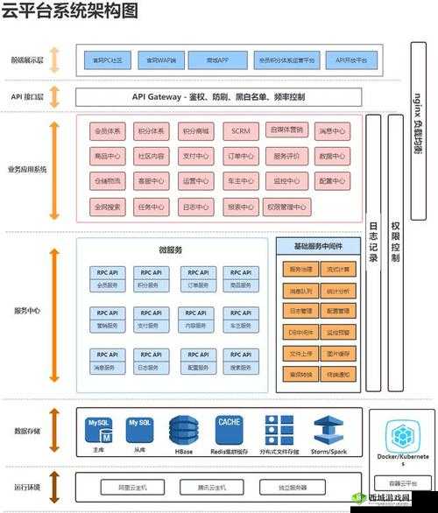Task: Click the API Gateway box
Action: click(x=218, y=96)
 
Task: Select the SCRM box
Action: click(x=239, y=131)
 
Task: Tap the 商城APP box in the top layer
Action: click(x=208, y=60)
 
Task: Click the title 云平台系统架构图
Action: click(x=69, y=11)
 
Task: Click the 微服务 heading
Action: click(x=171, y=250)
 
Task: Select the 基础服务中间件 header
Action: click(x=317, y=247)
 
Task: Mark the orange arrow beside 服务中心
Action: click(x=54, y=311)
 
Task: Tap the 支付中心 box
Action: click(x=195, y=157)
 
